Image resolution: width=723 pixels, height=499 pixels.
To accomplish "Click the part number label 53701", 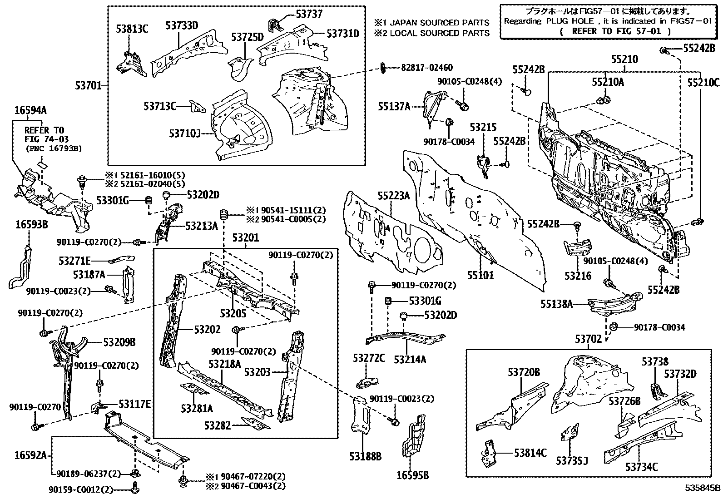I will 89,85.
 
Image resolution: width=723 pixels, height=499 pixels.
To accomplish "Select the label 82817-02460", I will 426,68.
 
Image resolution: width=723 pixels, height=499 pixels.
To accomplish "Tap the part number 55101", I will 481,275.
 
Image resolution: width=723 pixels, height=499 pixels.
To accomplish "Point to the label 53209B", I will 119,342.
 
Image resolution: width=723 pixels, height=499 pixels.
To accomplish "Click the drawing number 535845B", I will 703,489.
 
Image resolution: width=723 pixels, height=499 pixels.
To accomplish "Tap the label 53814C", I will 530,453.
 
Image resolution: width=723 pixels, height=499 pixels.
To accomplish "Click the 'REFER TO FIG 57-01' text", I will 615,31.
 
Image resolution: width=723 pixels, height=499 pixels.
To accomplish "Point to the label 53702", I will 588,339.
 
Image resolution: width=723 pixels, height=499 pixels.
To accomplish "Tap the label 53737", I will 309,14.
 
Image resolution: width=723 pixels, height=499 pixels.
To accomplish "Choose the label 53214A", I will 410,359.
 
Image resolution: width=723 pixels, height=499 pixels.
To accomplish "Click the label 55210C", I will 703,83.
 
